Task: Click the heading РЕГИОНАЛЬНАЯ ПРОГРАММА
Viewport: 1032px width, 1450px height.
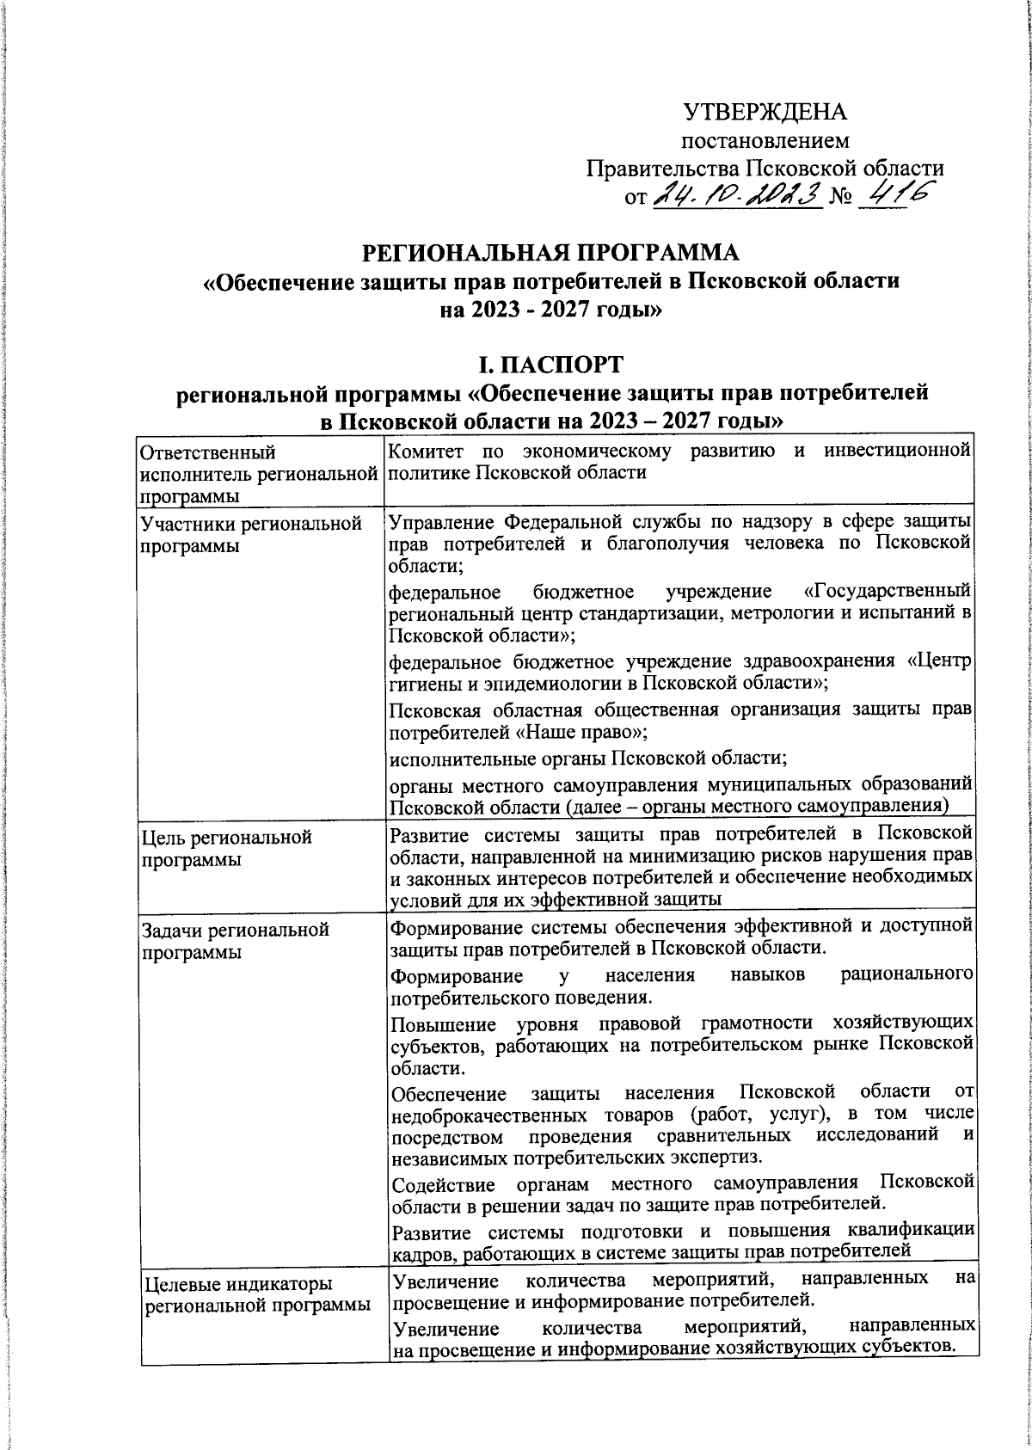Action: (x=550, y=254)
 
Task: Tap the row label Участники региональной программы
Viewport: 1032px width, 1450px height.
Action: (x=250, y=533)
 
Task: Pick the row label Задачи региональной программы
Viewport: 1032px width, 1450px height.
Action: (x=235, y=940)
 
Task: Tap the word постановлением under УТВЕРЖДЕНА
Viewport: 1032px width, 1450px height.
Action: (x=765, y=140)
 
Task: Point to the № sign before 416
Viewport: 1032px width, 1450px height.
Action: (x=838, y=200)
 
